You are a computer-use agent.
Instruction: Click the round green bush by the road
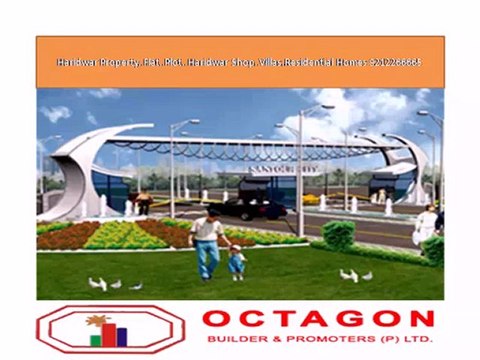[x=339, y=235]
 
